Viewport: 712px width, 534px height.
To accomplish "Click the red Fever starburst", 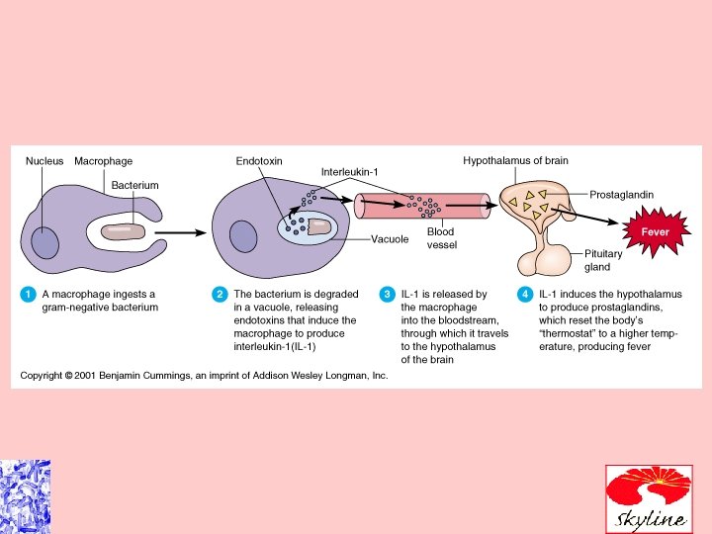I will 656,231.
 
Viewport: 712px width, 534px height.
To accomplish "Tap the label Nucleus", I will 44,161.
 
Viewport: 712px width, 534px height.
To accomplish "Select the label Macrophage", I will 103,161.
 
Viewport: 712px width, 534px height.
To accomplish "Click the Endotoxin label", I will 259,161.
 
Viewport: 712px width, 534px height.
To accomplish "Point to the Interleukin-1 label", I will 350,172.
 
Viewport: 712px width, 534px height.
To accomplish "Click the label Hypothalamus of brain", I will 515,161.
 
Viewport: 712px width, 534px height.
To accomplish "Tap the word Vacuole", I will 390,238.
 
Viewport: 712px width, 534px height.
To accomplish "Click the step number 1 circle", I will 29,294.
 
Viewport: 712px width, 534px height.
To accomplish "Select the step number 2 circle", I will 220,294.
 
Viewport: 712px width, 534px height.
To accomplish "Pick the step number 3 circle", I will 388,294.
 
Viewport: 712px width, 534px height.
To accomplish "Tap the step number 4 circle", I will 525,294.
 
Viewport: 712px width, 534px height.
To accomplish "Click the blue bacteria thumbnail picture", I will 24,496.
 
